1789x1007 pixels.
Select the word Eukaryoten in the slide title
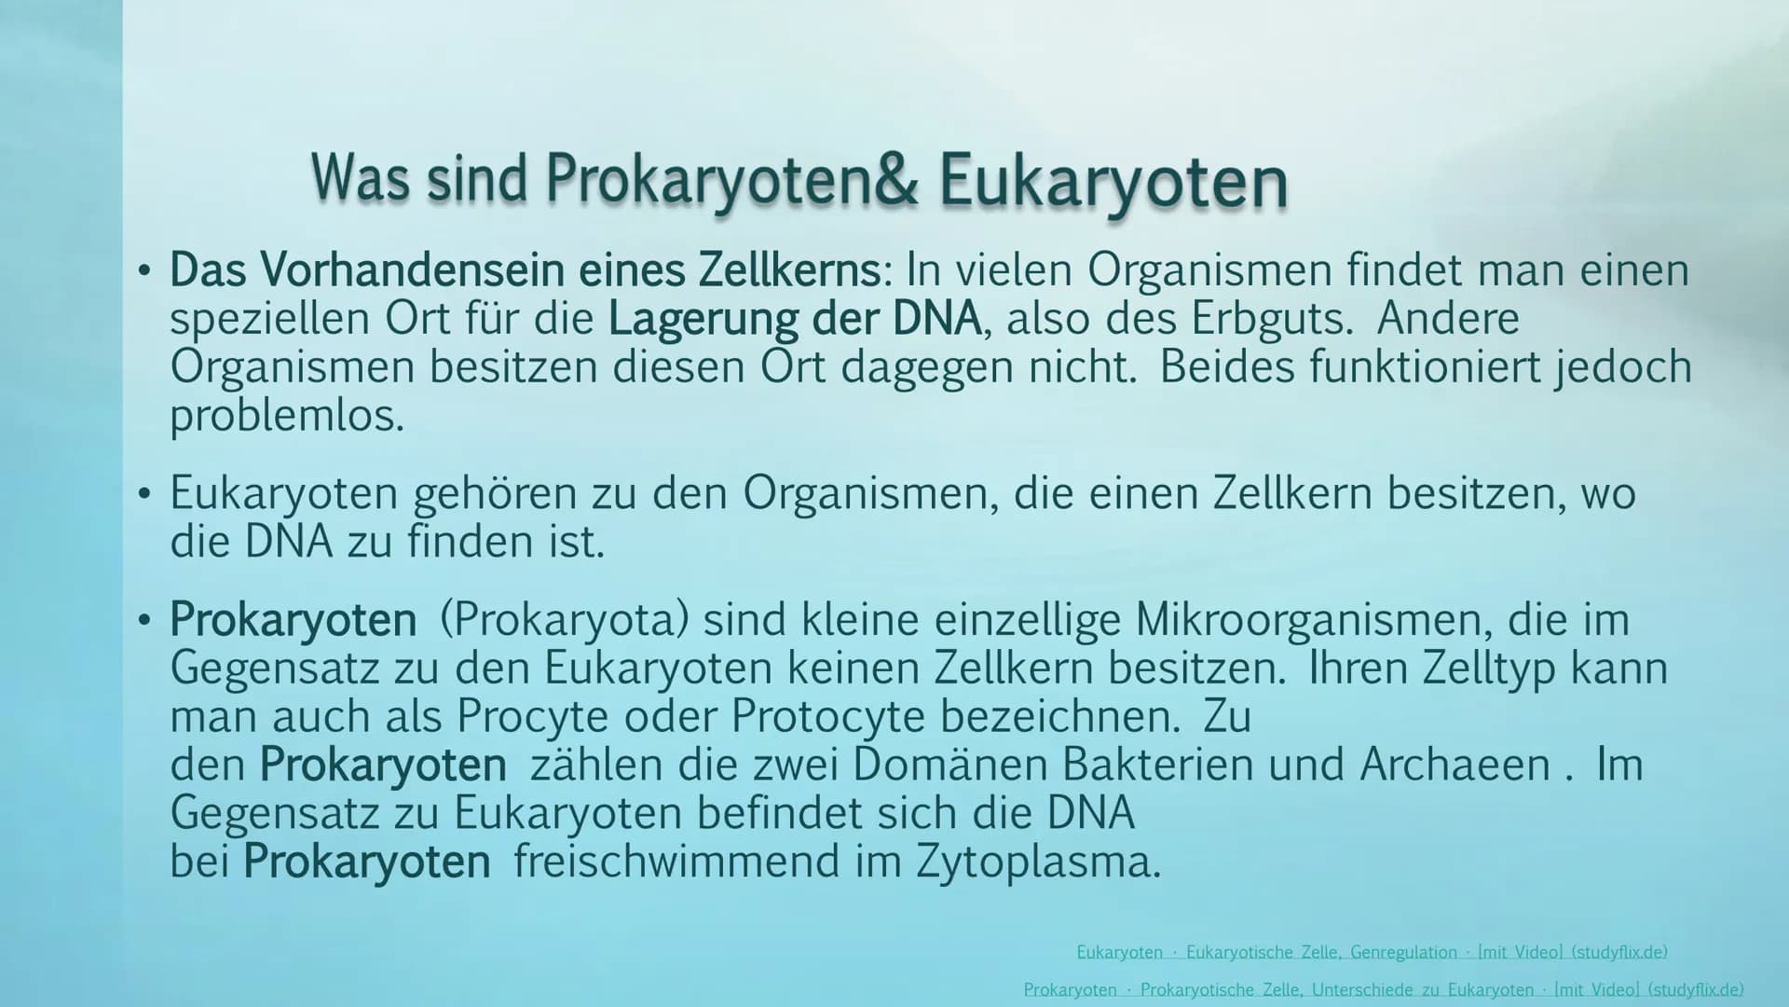click(1113, 182)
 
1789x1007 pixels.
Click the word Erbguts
click(1271, 319)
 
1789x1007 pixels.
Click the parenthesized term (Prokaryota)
click(565, 621)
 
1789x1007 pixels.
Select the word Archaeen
click(1454, 766)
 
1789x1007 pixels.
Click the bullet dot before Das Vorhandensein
click(143, 271)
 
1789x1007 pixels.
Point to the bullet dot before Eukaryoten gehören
click(143, 494)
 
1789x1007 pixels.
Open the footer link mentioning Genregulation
click(1372, 952)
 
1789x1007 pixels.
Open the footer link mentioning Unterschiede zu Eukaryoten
click(1384, 990)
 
